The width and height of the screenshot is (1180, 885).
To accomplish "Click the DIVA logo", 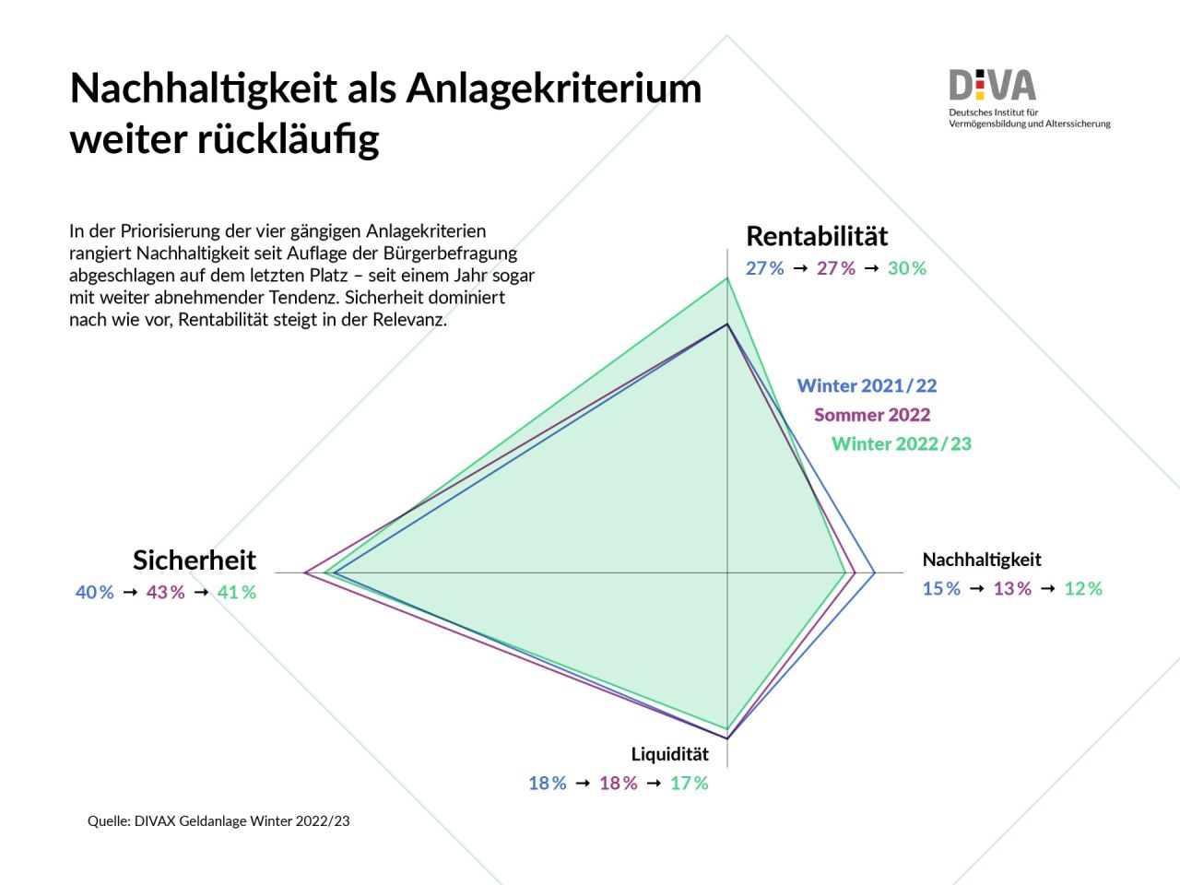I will click(x=993, y=87).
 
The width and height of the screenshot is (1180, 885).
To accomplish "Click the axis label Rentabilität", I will click(x=817, y=236).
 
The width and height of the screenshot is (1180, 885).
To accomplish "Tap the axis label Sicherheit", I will click(x=195, y=560).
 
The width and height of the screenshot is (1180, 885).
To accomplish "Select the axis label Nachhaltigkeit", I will click(x=982, y=560).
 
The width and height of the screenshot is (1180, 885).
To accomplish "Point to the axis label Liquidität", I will click(x=670, y=754).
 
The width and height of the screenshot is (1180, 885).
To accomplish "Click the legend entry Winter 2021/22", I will click(x=867, y=385).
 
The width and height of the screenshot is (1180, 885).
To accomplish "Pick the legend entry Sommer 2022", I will click(x=872, y=415).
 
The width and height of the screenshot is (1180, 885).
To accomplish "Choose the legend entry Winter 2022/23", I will click(x=902, y=444).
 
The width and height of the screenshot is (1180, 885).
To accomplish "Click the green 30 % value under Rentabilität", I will click(x=907, y=268).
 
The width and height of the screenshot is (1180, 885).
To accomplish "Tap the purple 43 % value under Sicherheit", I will click(x=166, y=593).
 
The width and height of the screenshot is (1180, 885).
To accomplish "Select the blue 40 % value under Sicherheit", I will click(x=95, y=593).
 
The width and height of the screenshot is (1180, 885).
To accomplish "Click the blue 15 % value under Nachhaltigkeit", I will click(x=942, y=589).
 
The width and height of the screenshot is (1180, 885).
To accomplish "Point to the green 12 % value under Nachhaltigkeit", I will click(x=1084, y=589).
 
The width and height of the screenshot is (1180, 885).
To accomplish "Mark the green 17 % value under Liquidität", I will click(x=690, y=784).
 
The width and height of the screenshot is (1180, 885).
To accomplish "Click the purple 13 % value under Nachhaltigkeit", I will click(x=1012, y=589).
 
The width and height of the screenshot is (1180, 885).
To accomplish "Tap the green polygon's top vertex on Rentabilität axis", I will click(x=727, y=277).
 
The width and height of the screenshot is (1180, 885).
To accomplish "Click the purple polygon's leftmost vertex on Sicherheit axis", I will click(x=305, y=573).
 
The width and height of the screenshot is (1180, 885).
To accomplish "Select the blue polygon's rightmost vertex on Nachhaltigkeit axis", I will click(x=874, y=573).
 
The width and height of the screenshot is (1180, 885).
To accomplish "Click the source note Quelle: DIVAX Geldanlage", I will click(x=218, y=820).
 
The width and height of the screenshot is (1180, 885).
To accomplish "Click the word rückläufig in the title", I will click(x=288, y=140).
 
